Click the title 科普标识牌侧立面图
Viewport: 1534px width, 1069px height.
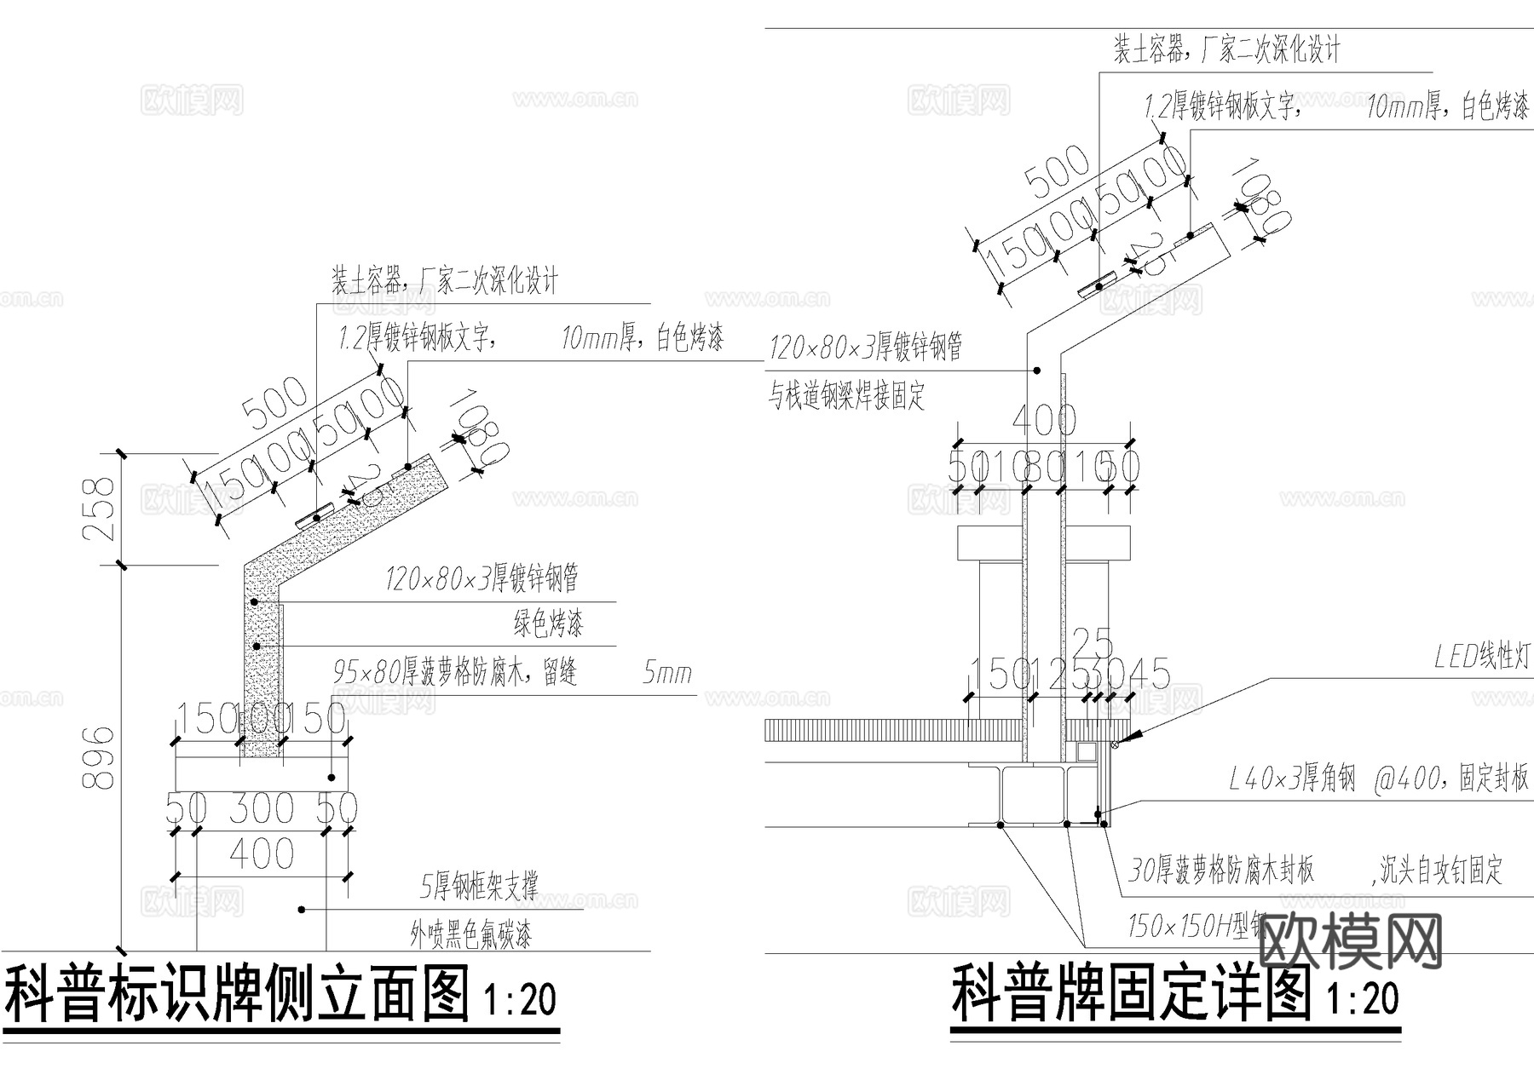(239, 994)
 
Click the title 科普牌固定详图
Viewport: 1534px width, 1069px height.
(1130, 994)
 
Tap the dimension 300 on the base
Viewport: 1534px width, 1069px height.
(262, 808)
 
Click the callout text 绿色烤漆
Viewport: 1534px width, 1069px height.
(548, 624)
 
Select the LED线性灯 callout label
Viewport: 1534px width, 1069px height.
(1482, 657)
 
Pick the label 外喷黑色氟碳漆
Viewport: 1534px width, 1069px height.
(470, 936)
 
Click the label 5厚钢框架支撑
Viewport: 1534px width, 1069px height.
(479, 888)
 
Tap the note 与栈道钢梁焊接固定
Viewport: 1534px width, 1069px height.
(847, 396)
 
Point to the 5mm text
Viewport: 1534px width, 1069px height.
(666, 675)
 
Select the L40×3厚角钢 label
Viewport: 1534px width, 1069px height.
(1292, 779)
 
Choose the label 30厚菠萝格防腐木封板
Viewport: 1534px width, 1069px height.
(1220, 870)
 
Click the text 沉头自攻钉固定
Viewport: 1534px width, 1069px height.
(1439, 871)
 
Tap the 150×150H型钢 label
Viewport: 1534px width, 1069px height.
(1193, 926)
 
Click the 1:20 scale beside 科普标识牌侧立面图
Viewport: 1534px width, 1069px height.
(519, 999)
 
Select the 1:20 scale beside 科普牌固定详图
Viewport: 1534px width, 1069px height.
(1363, 998)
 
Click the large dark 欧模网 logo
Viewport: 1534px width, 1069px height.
(1351, 941)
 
